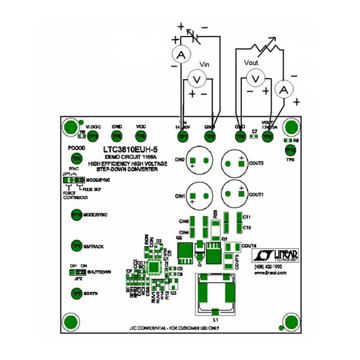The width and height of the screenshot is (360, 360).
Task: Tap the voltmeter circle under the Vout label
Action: pos(255,78)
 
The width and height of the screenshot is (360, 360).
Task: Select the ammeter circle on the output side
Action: pos(286,89)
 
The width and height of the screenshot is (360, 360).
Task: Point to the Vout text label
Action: pos(252,62)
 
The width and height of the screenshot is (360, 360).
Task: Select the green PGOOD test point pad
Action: pos(76,158)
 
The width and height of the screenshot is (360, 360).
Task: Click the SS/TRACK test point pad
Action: pos(76,245)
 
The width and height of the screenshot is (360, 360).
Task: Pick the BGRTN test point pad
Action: pos(76,293)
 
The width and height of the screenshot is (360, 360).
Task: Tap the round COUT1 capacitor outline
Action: pos(235,194)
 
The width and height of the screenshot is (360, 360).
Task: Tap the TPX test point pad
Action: pos(290,149)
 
